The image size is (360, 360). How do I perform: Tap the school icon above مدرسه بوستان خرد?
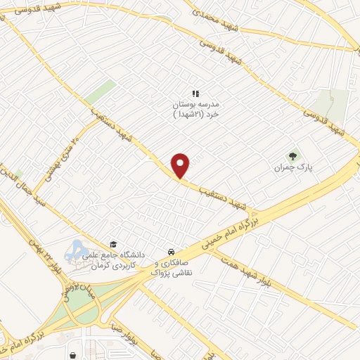[x=196, y=94]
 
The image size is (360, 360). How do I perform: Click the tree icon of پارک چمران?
[x=292, y=156]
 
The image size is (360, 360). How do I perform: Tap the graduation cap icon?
[x=113, y=245]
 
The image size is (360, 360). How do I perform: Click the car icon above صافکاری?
[x=171, y=251]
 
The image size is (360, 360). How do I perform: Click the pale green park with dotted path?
[x=331, y=105]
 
